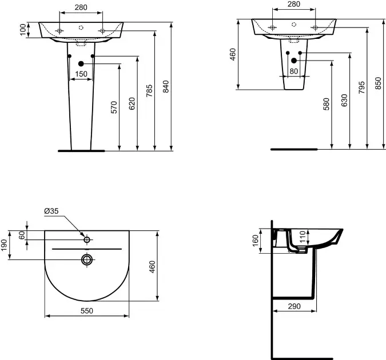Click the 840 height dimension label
point(166,86)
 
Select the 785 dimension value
point(149,90)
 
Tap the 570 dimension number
point(114,107)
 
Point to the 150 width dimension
point(81,74)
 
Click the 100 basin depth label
point(23,30)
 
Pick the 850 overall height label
point(379,83)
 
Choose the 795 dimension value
point(361,87)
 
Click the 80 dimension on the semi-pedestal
point(294,71)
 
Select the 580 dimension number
point(326,104)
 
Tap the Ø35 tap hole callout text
point(51,211)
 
